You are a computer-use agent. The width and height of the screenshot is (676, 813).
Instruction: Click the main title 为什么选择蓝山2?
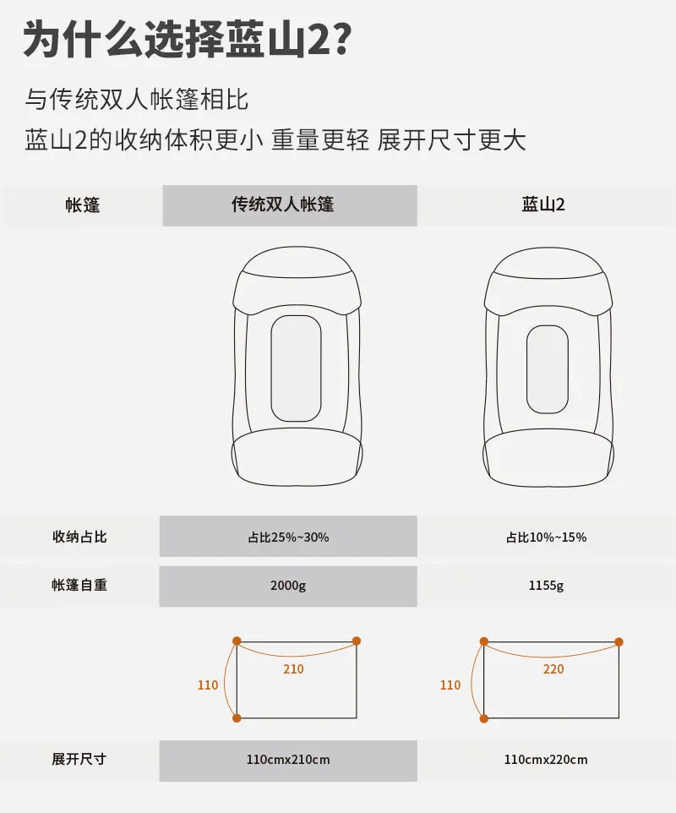point(188,40)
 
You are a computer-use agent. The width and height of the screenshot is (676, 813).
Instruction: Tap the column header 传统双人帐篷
point(282,205)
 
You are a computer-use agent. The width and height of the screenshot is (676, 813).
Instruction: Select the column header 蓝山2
point(542,205)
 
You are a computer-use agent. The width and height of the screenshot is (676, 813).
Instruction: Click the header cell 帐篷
point(83,205)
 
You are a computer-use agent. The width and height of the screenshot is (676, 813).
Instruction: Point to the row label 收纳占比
point(79,537)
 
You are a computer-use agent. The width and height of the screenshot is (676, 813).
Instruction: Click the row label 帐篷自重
point(79,585)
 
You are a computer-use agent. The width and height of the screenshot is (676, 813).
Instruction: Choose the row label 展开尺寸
point(79,759)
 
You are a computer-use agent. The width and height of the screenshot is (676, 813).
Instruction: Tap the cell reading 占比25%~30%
point(288,537)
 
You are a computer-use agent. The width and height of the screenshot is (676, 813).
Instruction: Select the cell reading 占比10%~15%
point(547,537)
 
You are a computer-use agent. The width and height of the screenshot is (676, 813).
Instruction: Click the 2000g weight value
point(288,586)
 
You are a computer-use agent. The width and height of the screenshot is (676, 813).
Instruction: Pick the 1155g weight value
point(547,586)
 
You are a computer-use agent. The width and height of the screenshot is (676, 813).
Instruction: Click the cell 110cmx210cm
point(288,760)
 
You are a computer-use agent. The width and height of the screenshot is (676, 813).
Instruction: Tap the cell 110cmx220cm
point(547,760)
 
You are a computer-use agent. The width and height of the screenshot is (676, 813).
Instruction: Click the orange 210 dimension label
point(293,669)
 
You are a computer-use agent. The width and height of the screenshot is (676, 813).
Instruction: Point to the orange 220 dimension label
point(553,669)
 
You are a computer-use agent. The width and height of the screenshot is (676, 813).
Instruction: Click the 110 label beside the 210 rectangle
point(207,685)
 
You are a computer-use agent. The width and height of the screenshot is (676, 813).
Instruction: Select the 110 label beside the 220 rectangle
point(450,685)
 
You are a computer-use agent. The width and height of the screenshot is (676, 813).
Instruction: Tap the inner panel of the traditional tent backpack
point(296,368)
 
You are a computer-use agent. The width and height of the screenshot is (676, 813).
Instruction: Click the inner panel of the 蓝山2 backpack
point(547,369)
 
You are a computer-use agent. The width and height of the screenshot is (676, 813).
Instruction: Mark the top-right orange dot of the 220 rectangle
point(619,642)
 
